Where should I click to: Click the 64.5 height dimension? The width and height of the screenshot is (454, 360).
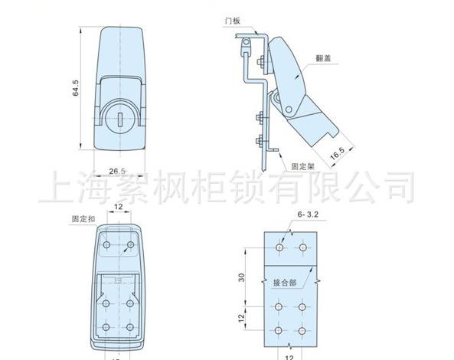(75, 88)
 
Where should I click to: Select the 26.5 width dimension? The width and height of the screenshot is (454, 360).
(117, 171)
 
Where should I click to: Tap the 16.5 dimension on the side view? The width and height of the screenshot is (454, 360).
(338, 153)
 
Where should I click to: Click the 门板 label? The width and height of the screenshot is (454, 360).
(233, 21)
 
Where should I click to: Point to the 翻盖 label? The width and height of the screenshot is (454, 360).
(323, 58)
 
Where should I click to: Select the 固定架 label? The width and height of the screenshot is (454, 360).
(302, 166)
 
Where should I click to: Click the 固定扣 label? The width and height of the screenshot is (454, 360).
(83, 219)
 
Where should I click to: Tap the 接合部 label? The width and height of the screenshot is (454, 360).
(285, 283)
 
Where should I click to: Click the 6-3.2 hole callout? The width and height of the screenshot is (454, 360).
(308, 214)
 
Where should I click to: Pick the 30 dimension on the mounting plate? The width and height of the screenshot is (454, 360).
(242, 277)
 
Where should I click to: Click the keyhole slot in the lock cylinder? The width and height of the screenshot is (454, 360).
(120, 119)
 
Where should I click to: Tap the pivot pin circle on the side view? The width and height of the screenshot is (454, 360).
(289, 110)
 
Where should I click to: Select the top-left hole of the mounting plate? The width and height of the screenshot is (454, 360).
(279, 247)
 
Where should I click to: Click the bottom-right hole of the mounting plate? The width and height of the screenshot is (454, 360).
(302, 331)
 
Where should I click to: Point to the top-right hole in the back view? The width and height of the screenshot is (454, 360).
(131, 245)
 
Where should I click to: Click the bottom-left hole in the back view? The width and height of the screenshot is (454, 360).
(106, 327)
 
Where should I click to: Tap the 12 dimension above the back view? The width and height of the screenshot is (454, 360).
(119, 207)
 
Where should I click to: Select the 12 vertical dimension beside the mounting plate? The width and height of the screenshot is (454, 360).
(242, 318)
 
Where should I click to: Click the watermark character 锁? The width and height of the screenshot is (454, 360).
(247, 188)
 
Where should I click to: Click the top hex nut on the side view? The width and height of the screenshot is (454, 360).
(260, 62)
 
